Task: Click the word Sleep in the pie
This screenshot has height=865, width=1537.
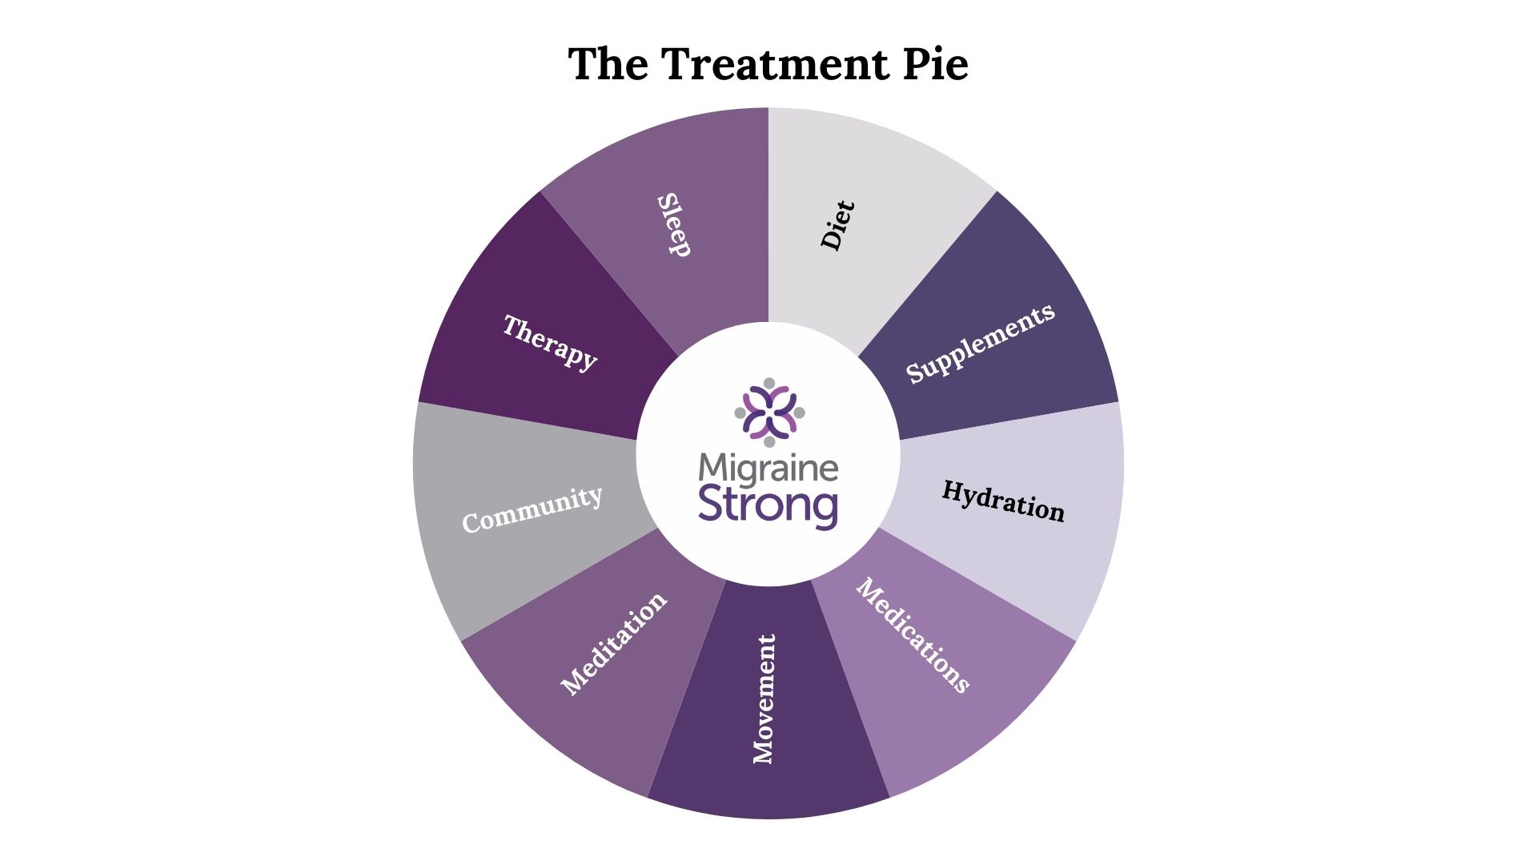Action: [x=674, y=225]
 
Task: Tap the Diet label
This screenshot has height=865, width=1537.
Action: [x=837, y=225]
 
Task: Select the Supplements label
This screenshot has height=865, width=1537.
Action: [x=980, y=344]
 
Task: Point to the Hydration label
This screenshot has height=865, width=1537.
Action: [x=1003, y=501]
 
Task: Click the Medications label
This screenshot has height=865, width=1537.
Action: [x=913, y=635]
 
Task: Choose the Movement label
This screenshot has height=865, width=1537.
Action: [x=764, y=698]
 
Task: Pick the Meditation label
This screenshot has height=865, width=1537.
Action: [x=614, y=644]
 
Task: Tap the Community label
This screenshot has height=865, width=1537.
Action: [x=532, y=509]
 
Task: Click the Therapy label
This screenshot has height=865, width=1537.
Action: [x=550, y=342]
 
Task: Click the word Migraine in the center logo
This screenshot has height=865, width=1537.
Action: [x=768, y=469]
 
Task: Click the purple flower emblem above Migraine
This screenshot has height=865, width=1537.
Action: [x=769, y=412]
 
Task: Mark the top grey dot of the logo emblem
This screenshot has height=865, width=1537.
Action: [x=769, y=383]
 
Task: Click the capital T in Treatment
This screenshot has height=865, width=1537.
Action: [x=676, y=64]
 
